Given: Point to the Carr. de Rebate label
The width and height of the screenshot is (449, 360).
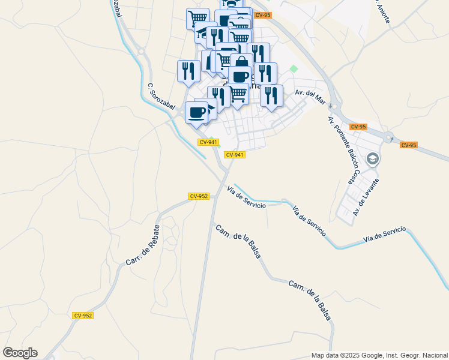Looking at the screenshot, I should tap(143, 245).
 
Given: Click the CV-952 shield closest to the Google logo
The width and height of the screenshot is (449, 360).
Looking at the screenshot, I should tap(83, 315).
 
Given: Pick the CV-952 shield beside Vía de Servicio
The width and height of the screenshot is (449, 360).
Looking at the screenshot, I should tap(199, 196).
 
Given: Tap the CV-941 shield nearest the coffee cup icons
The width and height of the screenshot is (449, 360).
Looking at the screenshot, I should tap(208, 142).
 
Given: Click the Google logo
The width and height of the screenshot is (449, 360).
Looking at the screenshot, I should tap(20, 353).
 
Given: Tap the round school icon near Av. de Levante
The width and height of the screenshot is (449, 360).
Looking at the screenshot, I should tap(373, 159).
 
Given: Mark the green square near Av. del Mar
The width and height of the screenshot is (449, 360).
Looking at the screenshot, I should tap(294, 69).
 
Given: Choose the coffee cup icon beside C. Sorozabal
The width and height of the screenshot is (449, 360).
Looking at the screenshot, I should tap(197, 112).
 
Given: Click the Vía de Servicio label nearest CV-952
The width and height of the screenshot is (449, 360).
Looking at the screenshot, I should tap(246, 198).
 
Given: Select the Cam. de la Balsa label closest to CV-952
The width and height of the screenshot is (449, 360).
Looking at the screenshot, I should tap(238, 241).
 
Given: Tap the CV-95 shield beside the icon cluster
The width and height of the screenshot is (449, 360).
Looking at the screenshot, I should tap(262, 15).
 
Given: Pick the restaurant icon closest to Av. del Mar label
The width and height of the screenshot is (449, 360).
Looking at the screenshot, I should tap(271, 95).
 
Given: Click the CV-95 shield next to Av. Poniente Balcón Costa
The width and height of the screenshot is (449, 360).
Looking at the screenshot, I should tap(358, 127).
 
